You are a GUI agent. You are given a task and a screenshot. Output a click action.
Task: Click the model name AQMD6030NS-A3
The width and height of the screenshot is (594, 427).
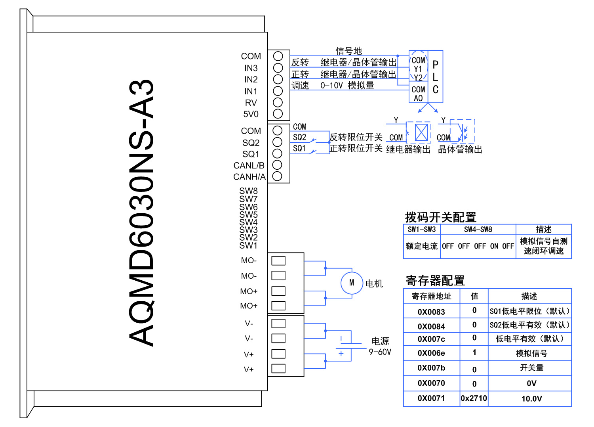pos(141,213)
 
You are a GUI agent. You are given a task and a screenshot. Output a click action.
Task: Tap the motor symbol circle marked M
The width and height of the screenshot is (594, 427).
pos(352,283)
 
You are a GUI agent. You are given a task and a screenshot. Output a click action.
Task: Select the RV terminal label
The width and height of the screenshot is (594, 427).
pos(251,103)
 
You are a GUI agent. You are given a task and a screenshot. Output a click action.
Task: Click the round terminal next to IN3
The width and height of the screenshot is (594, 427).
pos(278,68)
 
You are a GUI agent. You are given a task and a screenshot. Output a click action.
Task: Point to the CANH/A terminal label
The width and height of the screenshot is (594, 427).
pos(249,177)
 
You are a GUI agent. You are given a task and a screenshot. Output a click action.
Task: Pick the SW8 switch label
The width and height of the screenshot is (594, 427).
pos(248,191)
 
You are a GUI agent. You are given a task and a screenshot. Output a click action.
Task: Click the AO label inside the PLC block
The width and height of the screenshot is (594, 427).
pos(418,98)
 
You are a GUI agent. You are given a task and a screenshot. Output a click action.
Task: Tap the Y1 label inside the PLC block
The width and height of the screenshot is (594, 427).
pos(418,69)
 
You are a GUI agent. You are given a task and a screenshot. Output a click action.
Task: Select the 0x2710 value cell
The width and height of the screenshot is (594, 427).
pos(474,398)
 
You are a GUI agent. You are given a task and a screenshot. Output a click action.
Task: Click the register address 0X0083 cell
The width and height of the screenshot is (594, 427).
pos(431,312)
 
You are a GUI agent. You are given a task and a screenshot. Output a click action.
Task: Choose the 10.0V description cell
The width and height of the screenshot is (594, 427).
pos(531,399)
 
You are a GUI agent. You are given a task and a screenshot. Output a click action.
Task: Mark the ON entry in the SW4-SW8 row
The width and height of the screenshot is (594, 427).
pos(494,246)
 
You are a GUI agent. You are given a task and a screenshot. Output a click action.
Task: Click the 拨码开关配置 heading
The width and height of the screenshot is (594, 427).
pos(440,217)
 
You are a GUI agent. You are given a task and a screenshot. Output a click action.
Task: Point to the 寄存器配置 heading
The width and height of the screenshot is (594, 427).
pos(435,281)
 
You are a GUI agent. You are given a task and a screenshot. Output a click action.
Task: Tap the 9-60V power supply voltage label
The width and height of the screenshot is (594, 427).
pos(380,352)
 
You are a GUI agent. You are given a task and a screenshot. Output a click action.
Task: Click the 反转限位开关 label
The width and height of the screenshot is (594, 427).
pos(356,137)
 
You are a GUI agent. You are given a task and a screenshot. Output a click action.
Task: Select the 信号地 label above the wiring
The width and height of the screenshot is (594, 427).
pos(348,51)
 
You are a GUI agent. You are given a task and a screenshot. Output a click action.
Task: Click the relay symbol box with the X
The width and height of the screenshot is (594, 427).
pos(421,132)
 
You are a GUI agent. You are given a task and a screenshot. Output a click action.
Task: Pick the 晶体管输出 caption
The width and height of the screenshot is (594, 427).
pos(460,149)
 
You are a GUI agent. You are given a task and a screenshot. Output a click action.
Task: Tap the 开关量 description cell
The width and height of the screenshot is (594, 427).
pos(531,368)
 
